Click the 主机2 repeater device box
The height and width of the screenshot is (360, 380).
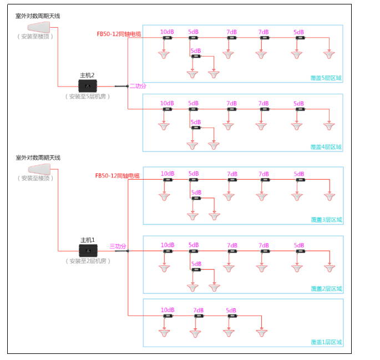89,85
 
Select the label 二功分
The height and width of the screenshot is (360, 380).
138,86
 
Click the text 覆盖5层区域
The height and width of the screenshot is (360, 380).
326,78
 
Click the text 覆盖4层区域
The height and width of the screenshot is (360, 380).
326,147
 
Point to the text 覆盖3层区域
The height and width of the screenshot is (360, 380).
326,220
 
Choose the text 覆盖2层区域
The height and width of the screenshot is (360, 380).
326,289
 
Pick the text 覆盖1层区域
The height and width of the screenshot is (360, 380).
326,342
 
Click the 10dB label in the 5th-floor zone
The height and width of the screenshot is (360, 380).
167,32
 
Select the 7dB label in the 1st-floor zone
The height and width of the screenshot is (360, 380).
199,310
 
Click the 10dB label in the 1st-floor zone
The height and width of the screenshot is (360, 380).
168,310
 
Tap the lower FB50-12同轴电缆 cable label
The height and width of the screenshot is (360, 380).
117,176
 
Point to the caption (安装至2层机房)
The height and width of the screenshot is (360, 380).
88,261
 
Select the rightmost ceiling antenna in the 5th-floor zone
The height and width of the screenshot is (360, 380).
330,54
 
